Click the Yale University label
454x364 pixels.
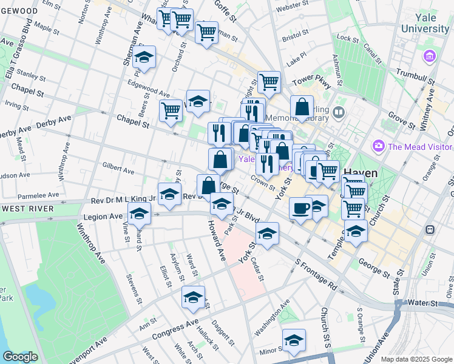click(429, 23)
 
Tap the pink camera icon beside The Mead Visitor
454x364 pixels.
click(379, 146)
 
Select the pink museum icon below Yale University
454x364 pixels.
click(430, 56)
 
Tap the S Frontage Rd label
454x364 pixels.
click(316, 274)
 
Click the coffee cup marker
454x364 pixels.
click(300, 208)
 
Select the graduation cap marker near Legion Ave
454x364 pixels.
click(140, 213)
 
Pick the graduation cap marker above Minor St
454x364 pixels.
click(294, 340)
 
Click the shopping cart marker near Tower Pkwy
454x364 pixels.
click(268, 81)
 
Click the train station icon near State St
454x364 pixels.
click(430, 230)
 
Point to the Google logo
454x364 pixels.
click(19, 357)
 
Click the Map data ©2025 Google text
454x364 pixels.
click(416, 359)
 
